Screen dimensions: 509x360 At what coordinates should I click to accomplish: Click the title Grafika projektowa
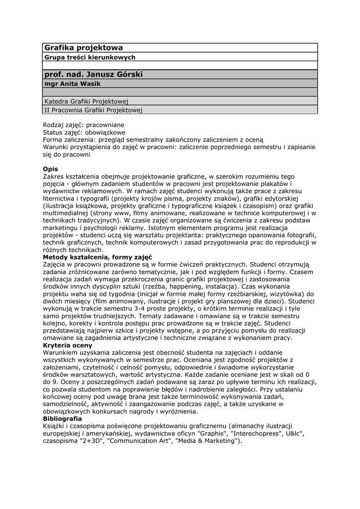click(84, 48)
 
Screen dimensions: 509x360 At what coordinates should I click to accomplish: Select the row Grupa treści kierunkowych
click(90, 58)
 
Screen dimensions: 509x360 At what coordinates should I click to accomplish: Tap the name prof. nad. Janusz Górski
click(93, 74)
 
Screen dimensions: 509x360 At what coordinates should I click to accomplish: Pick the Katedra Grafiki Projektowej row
click(87, 101)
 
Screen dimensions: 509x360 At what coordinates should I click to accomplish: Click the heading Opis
click(51, 169)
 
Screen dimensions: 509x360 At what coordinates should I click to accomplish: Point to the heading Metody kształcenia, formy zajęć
click(97, 257)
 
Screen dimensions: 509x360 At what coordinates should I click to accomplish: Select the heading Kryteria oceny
click(68, 345)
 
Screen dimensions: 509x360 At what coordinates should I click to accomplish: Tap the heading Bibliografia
click(63, 419)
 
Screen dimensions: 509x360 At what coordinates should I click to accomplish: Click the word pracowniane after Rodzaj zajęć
click(104, 125)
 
